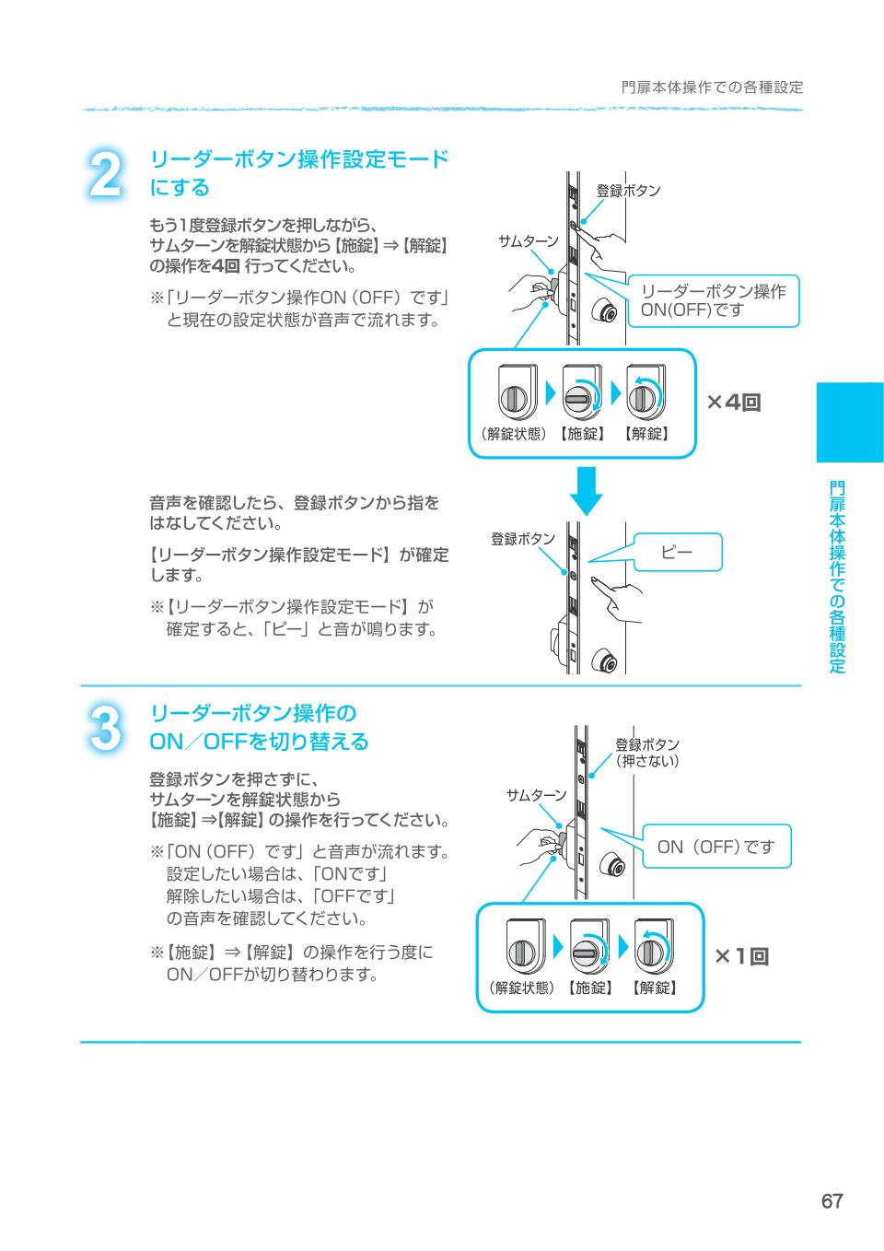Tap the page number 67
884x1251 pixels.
[832, 1201]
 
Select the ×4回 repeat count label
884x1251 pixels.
[734, 403]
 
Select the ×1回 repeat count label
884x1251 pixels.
[741, 957]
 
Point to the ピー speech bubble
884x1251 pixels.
[677, 552]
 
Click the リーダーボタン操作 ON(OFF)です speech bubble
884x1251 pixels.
[713, 300]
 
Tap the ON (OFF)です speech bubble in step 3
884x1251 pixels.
[715, 846]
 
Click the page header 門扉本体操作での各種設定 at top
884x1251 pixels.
[712, 88]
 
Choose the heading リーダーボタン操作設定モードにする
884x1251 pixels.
[298, 173]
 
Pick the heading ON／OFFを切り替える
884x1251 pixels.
[259, 742]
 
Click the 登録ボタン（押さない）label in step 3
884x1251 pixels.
[647, 753]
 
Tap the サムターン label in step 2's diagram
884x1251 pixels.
[528, 241]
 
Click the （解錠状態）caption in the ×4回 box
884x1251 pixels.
[513, 434]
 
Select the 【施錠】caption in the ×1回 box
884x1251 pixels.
[588, 988]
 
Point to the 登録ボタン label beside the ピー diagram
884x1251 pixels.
[522, 539]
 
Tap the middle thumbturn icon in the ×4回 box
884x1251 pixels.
[579, 395]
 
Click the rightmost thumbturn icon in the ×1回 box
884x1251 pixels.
[653, 950]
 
